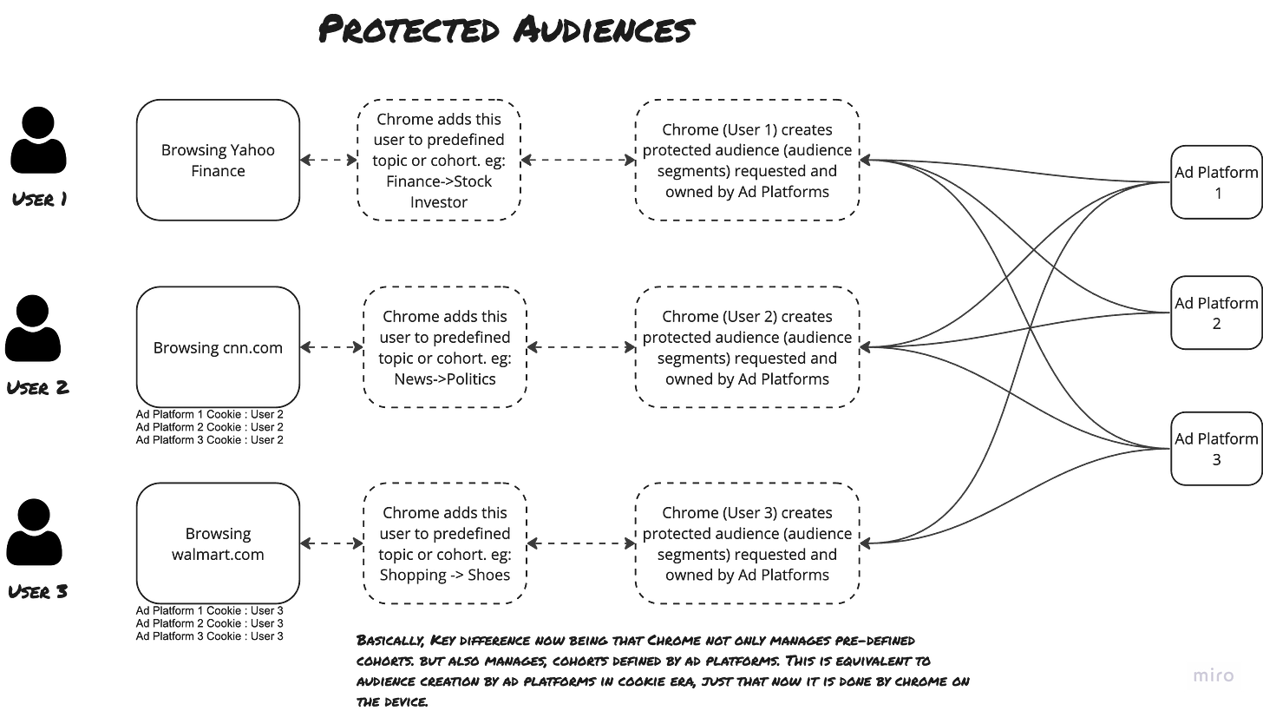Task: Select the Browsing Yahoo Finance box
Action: (219, 160)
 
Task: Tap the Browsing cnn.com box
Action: (219, 347)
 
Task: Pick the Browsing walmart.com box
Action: (219, 543)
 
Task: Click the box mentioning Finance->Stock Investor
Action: (439, 160)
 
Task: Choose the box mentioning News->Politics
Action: (445, 347)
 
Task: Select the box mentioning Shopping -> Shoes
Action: (445, 543)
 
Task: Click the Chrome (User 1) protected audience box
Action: (747, 160)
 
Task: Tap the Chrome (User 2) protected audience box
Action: (747, 347)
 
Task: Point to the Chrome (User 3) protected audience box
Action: (747, 543)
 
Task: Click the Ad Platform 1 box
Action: (1216, 181)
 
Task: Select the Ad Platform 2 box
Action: (1216, 313)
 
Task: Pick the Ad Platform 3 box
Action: (1216, 448)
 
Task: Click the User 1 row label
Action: (40, 200)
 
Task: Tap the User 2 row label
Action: (39, 388)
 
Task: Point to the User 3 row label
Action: (38, 592)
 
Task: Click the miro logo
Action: (1214, 675)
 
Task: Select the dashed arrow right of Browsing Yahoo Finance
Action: (329, 160)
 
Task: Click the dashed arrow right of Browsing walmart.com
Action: (331, 543)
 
